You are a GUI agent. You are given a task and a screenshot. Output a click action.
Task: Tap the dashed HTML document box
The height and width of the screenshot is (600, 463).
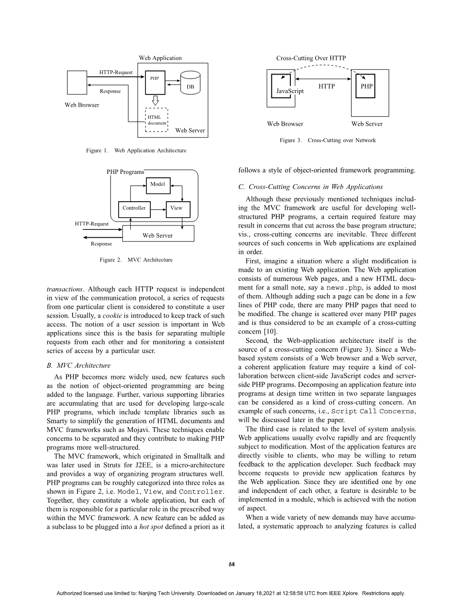pos(157,120)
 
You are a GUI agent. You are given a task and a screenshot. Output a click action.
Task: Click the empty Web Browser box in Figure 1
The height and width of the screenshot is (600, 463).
pos(77,82)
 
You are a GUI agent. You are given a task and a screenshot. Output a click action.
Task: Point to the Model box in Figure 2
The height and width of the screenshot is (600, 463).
pos(158,185)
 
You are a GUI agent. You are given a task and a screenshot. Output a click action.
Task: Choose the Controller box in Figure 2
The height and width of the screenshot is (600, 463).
pos(134,208)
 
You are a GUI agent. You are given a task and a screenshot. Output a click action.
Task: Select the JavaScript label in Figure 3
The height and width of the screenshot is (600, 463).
pos(289,91)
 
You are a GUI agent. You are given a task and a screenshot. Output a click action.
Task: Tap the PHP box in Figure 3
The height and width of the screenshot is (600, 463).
pos(366,86)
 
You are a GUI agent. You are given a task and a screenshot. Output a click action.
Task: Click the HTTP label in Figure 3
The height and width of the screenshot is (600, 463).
pos(327,87)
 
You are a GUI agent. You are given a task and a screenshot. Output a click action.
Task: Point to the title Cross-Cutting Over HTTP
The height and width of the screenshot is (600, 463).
pos(311,58)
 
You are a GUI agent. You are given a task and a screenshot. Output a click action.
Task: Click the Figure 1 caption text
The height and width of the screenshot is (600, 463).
pos(136,150)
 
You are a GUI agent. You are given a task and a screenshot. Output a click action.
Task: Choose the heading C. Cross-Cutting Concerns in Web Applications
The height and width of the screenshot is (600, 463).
pos(310,187)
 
